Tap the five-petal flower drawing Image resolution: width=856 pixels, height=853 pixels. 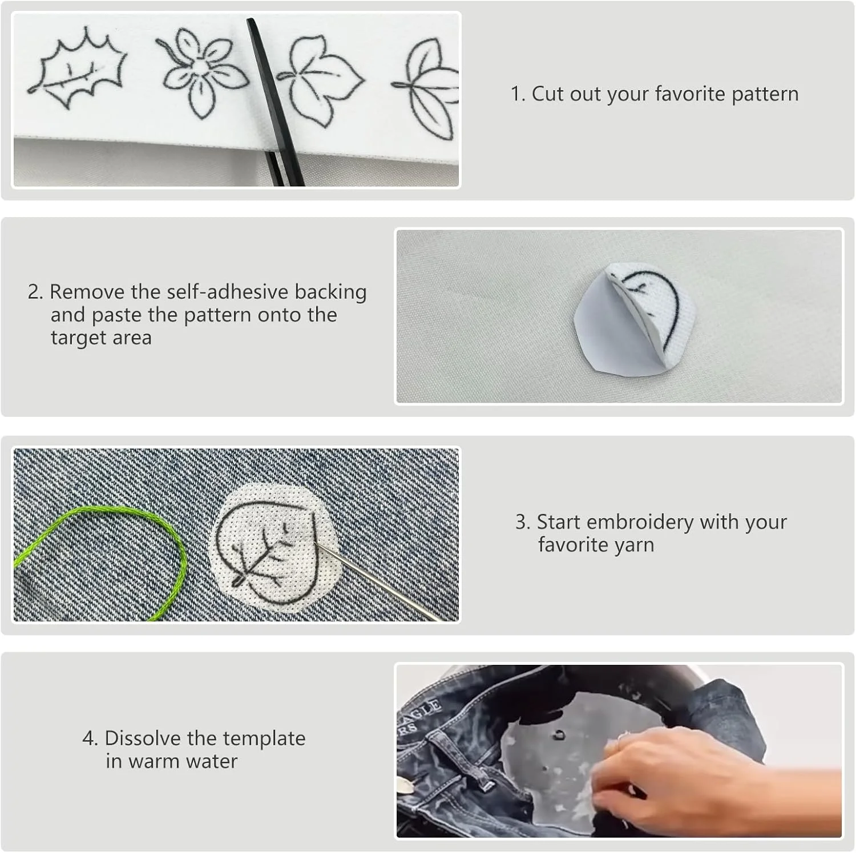tap(202, 71)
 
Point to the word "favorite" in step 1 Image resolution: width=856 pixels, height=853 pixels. tap(690, 94)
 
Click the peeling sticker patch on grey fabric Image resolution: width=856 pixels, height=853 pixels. tap(635, 318)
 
